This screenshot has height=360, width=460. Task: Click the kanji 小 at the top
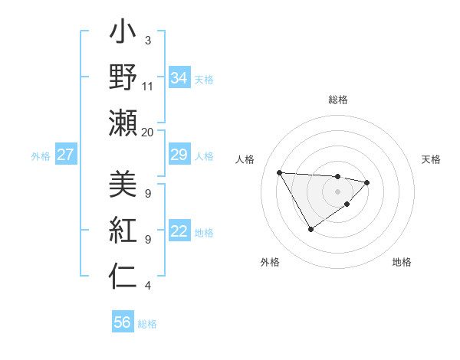pyautogui.click(x=123, y=34)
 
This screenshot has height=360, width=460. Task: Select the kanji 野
pyautogui.click(x=123, y=77)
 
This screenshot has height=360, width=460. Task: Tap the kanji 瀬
pyautogui.click(x=123, y=122)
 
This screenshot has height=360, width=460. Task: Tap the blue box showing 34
pyautogui.click(x=179, y=78)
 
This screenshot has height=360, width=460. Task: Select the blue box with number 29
pyautogui.click(x=179, y=155)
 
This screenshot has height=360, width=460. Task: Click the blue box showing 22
pyautogui.click(x=179, y=231)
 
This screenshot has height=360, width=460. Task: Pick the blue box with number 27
pyautogui.click(x=66, y=155)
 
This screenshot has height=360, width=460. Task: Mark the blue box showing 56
pyautogui.click(x=123, y=322)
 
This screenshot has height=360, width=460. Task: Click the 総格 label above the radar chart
pyautogui.click(x=338, y=100)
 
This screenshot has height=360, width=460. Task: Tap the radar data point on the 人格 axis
pyautogui.click(x=280, y=172)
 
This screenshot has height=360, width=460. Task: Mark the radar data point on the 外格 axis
pyautogui.click(x=310, y=229)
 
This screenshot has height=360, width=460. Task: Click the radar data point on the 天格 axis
pyautogui.click(x=367, y=182)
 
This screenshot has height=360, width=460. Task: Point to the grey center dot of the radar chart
pyautogui.click(x=337, y=191)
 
